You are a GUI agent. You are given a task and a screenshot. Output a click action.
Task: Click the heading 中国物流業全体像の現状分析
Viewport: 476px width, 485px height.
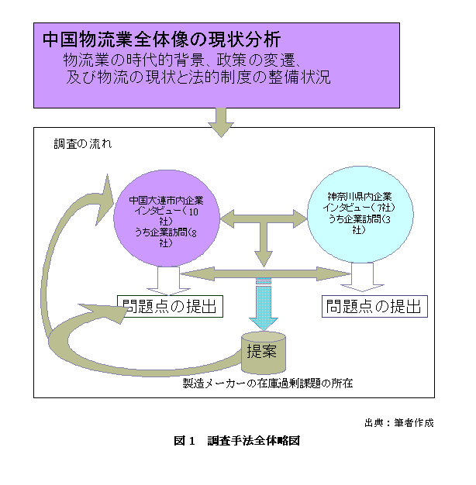coord(161,39)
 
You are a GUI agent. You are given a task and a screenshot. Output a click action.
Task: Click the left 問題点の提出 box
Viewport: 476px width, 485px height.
coord(171,306)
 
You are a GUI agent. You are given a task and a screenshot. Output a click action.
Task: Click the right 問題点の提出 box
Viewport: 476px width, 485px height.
coord(374,306)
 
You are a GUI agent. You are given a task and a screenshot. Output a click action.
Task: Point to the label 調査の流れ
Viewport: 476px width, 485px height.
coord(82,144)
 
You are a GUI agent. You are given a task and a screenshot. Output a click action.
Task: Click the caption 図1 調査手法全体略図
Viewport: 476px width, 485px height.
coord(236,441)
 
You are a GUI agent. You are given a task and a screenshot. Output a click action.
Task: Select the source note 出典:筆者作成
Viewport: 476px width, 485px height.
coord(398,423)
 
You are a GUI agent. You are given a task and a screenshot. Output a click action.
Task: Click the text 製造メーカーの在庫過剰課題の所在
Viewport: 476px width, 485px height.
coord(267,383)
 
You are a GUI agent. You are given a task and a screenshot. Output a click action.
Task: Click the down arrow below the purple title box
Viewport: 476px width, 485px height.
coord(221,122)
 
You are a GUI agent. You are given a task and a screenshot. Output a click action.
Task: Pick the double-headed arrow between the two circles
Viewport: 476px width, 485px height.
coord(264,219)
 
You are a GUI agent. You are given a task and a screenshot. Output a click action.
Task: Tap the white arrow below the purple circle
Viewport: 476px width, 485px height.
coord(168,277)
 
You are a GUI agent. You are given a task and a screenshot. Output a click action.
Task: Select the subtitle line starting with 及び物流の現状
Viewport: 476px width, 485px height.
coord(198,77)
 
